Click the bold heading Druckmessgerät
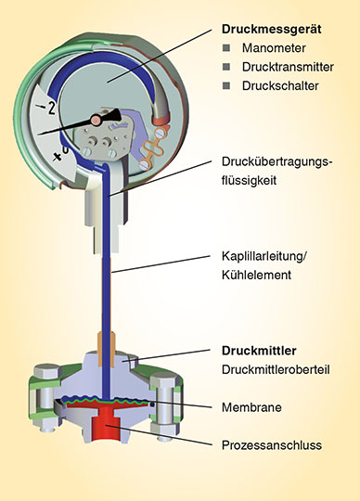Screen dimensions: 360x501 (x=272, y=30)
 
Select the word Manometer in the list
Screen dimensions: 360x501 (x=274, y=48)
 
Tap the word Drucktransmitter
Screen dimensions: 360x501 (x=288, y=67)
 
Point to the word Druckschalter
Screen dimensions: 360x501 (x=280, y=85)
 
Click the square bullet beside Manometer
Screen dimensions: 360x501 (x=226, y=48)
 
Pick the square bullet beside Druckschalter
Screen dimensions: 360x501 (x=226, y=85)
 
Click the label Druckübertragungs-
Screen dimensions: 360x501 (x=277, y=162)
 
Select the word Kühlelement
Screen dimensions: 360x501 (x=256, y=275)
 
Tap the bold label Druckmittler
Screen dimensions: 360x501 (x=259, y=351)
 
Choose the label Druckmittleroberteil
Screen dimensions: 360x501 (x=276, y=369)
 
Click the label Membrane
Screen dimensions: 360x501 (x=251, y=407)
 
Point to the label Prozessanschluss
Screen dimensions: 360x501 (x=272, y=445)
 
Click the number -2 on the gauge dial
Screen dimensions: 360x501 (x=47, y=108)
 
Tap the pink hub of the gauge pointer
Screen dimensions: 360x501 (x=96, y=120)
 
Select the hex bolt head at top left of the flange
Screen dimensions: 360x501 (x=47, y=371)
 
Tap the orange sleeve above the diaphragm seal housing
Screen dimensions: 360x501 (x=107, y=349)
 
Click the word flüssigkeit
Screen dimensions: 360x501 (x=250, y=181)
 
